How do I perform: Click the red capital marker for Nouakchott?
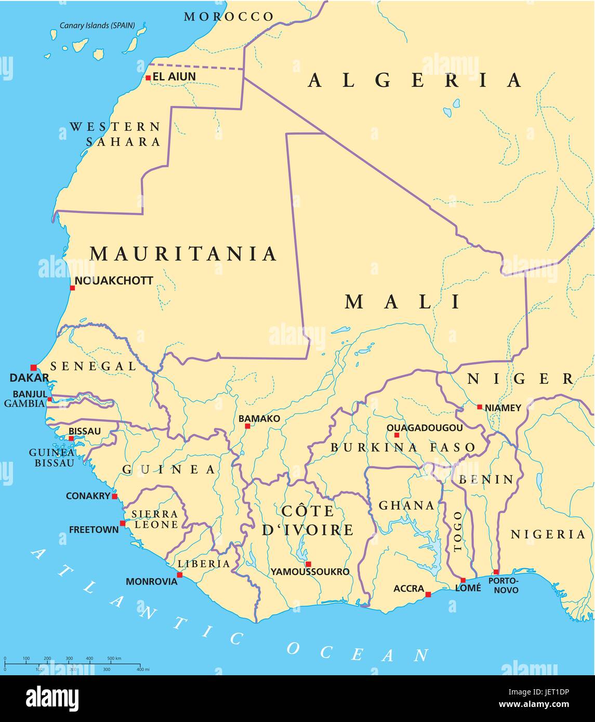point(72,288)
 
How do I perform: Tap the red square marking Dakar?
point(34,367)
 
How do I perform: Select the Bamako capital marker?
point(247,426)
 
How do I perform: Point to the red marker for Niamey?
point(480,407)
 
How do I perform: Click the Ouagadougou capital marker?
point(396,435)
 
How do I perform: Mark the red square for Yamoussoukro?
point(308,564)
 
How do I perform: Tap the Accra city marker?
point(428,594)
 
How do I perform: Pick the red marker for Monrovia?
point(180,575)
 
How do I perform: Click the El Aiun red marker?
point(148,78)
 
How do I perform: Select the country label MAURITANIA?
point(183,253)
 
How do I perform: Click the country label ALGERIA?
point(415,80)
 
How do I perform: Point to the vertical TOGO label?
point(457,531)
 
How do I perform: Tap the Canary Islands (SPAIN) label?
point(97,25)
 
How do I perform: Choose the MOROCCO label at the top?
point(229,17)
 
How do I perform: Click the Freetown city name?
point(94,530)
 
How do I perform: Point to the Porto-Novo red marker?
point(496,572)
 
